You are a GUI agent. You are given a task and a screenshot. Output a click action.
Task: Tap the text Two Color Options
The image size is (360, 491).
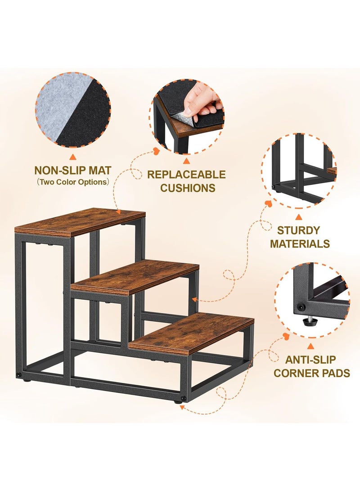point(72,182)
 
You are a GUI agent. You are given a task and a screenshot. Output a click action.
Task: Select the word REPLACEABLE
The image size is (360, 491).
point(186,175)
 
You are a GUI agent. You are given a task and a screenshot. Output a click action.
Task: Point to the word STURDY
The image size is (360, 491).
point(298,230)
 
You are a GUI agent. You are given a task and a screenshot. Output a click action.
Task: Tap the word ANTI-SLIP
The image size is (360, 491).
point(310,360)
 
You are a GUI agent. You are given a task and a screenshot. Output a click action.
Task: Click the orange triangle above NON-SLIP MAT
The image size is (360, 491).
point(72,157)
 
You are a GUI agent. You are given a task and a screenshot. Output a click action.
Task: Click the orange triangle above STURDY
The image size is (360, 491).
point(298,217)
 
